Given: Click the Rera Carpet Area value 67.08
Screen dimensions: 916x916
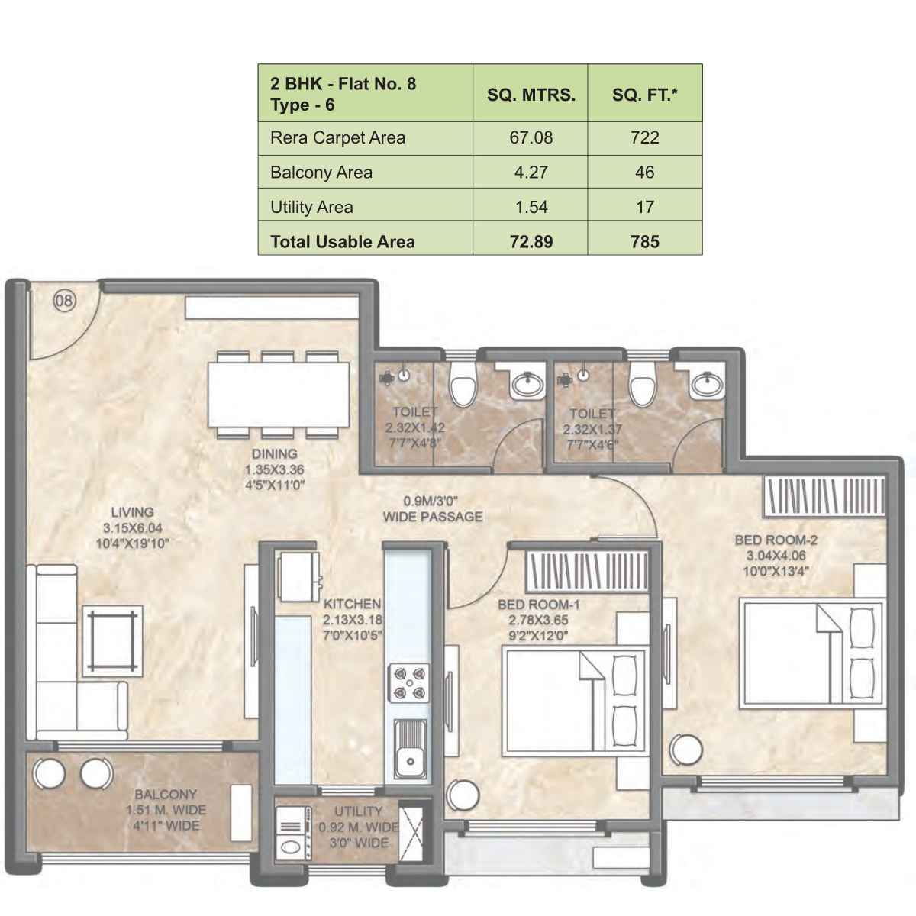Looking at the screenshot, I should tap(531, 138).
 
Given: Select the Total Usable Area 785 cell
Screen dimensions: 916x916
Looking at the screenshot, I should tap(644, 242).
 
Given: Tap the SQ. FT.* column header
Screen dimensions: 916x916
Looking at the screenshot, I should tap(644, 95).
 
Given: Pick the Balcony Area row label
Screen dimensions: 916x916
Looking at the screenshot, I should tap(321, 173).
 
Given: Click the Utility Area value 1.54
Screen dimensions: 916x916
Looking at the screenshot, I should tap(531, 207).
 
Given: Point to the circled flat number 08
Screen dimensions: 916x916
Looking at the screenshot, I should tap(64, 301).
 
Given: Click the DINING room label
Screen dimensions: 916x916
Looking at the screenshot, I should tap(274, 454).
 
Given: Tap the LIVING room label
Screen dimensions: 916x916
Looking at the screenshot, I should tap(132, 512).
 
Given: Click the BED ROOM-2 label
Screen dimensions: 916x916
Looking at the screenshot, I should tap(776, 540).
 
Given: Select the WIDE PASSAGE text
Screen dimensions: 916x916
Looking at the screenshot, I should tap(433, 517).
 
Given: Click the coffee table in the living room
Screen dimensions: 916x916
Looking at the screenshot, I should tap(112, 640).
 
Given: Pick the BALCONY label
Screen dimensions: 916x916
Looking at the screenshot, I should tap(166, 795).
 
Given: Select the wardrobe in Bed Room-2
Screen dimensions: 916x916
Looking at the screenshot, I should tap(824, 497).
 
